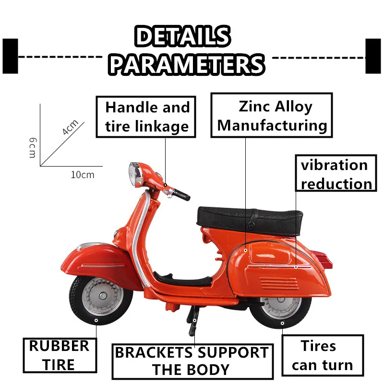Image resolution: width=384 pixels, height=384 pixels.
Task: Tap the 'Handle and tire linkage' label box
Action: pos(146,117)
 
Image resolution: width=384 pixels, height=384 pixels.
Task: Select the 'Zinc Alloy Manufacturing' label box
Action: pos(272,116)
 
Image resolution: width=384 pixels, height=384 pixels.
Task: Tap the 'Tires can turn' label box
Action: pos(322,355)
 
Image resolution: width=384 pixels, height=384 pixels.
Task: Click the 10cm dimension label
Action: pos(83,174)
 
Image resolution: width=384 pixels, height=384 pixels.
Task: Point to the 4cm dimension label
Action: pos(70,127)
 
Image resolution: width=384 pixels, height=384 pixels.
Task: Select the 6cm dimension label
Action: pos(32,147)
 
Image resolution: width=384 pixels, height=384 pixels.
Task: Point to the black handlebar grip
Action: pos(181,195)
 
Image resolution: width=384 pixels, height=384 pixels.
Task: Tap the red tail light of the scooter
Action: pos(326,258)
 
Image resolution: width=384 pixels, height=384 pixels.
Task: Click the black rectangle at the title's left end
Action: pos(10,56)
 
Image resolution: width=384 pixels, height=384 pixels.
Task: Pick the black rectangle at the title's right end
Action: pos(373,56)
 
